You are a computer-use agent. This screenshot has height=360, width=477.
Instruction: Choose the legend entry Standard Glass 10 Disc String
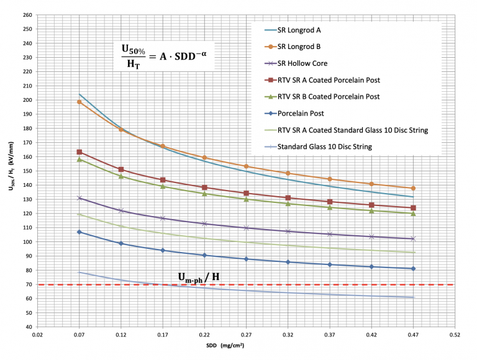tap(325, 146)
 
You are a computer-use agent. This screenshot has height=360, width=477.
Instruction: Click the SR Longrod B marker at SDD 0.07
tap(79, 102)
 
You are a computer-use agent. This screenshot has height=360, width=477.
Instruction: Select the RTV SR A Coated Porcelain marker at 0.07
tap(79, 152)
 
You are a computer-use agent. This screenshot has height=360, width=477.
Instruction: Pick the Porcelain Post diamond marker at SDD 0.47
tap(413, 269)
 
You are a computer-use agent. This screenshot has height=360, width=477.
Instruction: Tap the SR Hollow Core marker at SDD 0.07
tap(79, 198)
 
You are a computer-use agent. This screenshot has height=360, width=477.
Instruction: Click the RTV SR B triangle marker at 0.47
tap(413, 214)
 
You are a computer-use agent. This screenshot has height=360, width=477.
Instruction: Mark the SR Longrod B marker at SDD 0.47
tap(413, 188)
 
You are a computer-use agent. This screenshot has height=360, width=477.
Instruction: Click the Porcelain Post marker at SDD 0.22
tap(204, 255)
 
